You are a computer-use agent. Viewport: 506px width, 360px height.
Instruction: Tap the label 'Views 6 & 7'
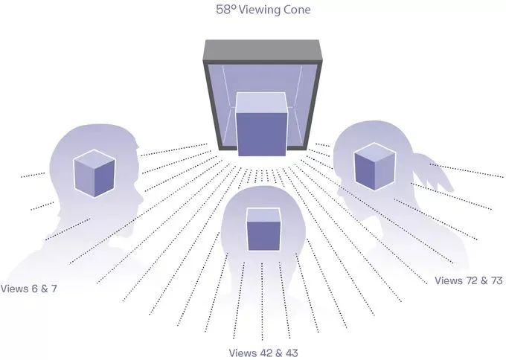(x=30, y=288)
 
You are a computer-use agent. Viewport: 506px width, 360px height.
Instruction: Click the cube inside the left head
(x=94, y=173)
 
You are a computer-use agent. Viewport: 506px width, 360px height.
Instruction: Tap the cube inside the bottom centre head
(x=263, y=230)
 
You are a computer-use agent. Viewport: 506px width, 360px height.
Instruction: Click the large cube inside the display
(x=261, y=124)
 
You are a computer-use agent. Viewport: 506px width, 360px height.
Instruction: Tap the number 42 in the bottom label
(x=260, y=352)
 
